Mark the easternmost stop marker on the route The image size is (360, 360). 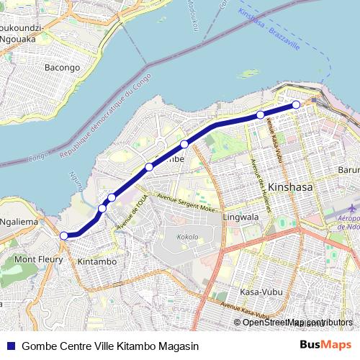(296, 105)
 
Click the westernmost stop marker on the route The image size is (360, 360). (63, 235)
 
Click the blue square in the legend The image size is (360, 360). (9, 346)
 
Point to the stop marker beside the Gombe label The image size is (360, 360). (149, 167)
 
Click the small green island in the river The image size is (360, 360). (248, 73)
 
